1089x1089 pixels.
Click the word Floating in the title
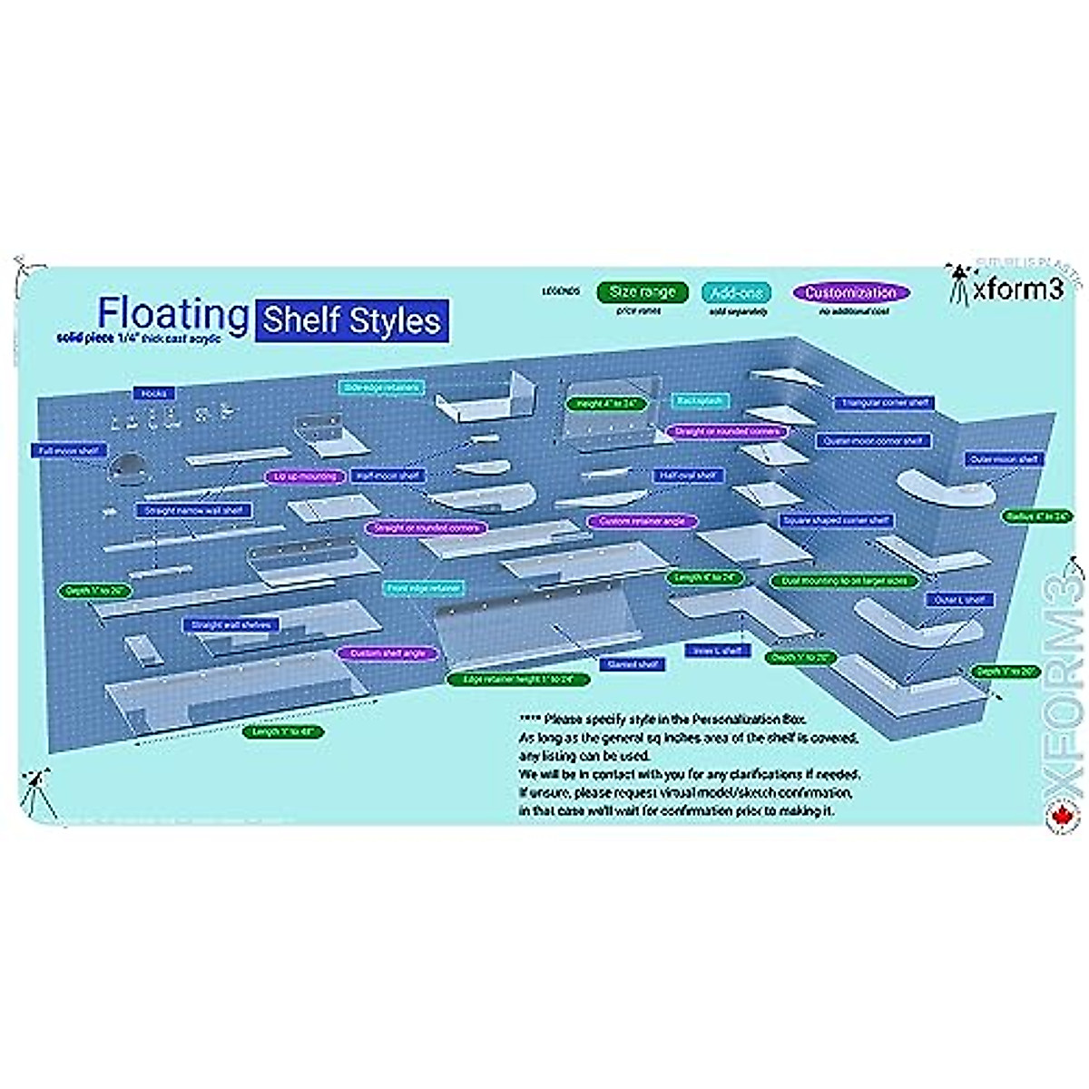click(172, 313)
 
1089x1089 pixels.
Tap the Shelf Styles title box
click(352, 321)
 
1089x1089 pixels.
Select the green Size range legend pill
click(642, 292)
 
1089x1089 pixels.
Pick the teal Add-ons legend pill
click(738, 292)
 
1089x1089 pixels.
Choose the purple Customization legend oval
click(850, 293)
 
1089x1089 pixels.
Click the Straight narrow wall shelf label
click(194, 511)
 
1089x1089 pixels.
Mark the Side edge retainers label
click(380, 388)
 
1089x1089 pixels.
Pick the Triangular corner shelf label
click(883, 402)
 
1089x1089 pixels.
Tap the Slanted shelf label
click(633, 664)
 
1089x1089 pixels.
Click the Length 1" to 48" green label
click(283, 731)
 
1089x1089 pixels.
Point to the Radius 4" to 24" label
click(1035, 515)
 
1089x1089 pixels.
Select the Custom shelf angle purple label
click(387, 653)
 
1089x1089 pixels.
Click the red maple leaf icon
click(1058, 814)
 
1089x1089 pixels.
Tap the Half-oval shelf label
click(687, 475)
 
